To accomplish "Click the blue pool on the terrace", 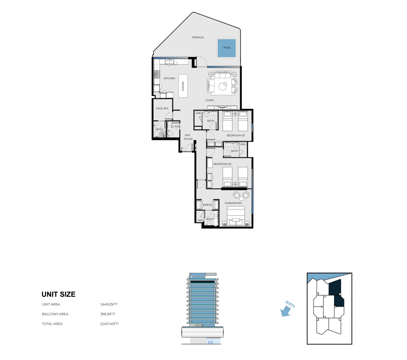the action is [227, 48].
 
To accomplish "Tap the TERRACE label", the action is [198, 37].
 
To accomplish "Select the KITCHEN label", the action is [169, 78].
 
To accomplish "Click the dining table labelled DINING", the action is [183, 86].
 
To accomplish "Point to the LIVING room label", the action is [210, 100].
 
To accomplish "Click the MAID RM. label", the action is [162, 108].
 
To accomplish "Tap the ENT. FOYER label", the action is [188, 137].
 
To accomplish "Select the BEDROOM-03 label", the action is [236, 135].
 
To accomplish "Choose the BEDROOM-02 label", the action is [222, 164].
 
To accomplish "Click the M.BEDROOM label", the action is [233, 203].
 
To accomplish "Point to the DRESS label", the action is [207, 205].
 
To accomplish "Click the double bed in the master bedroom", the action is [236, 216].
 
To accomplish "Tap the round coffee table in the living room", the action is [223, 86].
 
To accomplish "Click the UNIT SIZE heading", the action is [58, 294].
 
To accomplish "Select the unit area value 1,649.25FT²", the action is [109, 304].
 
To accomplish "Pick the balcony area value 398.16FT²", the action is [108, 314].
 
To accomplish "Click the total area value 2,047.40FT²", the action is [109, 324].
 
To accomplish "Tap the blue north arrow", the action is [286, 311].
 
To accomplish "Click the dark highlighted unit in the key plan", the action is [336, 293].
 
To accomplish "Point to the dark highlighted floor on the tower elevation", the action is [202, 282].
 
